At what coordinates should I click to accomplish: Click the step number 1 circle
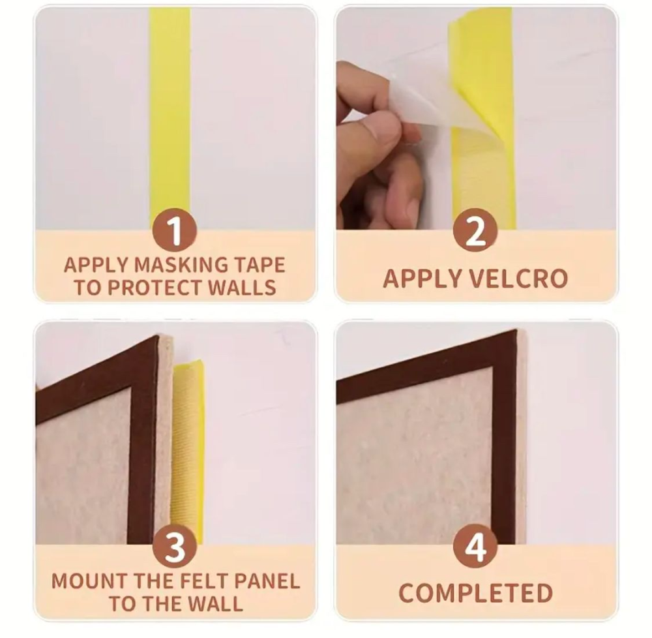coord(175,230)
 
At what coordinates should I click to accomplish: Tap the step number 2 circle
coord(475,230)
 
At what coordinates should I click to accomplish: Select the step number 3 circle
coord(175,546)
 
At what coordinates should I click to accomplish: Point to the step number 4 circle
coord(475,546)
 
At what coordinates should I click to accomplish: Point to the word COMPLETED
coord(475,593)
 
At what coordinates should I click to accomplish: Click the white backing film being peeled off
coord(420,100)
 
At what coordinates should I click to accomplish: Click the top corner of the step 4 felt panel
coord(517,331)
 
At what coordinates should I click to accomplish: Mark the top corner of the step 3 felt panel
coord(158,337)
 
